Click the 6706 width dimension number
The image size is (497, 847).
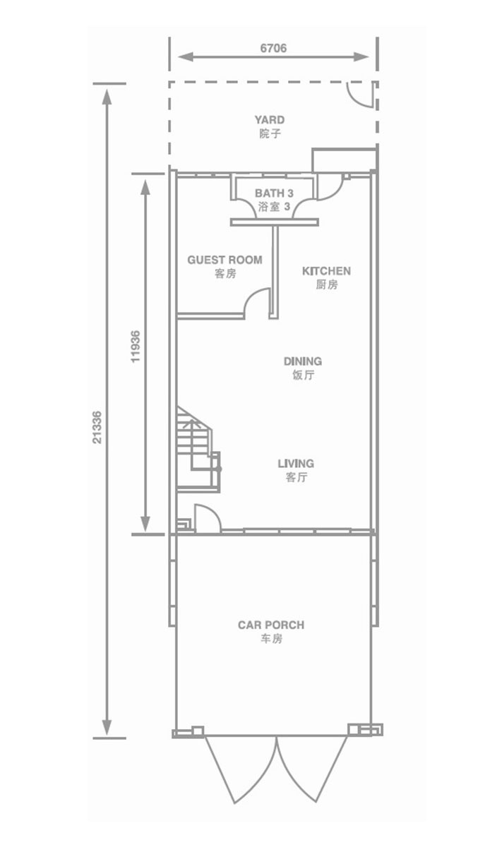pos(273,48)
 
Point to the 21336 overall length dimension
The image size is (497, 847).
pos(97,427)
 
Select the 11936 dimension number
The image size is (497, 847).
pos(135,347)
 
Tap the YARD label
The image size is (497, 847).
pos(269,120)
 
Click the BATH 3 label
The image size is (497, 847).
pos(274,193)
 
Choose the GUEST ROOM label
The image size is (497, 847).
pos(224,260)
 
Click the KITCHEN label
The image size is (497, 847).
pos(326,271)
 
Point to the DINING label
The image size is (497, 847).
pos(303,361)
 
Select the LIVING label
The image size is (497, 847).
pos(296,463)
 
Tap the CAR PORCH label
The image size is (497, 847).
pos(271,625)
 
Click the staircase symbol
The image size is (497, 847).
pos(198,450)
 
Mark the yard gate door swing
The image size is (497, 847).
pos(361,95)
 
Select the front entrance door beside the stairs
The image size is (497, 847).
pos(208,518)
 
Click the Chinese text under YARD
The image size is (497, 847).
pos(270,134)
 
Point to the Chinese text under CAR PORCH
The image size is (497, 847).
pos(271,639)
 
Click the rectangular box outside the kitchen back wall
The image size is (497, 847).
pos(344,160)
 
